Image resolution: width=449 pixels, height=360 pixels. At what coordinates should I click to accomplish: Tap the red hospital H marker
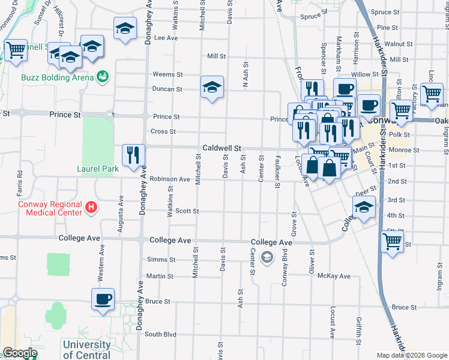click(x=91, y=208)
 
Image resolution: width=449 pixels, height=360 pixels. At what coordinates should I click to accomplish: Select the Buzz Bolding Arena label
click(x=57, y=77)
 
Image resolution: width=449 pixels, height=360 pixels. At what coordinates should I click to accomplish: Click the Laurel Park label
click(x=98, y=169)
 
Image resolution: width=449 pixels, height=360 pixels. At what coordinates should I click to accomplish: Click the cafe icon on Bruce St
click(x=103, y=299)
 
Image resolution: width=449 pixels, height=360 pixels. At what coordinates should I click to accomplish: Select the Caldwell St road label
click(x=221, y=147)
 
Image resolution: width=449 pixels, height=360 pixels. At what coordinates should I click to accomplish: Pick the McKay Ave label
click(x=334, y=276)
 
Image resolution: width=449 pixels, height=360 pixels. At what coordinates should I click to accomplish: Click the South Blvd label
click(x=160, y=334)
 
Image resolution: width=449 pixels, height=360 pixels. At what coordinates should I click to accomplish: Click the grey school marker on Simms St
click(x=267, y=258)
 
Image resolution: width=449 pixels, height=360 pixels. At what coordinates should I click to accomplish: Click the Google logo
click(x=20, y=353)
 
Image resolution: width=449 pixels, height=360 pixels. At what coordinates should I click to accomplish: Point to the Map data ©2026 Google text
click(x=411, y=355)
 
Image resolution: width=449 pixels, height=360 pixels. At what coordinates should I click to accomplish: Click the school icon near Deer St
click(x=364, y=208)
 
